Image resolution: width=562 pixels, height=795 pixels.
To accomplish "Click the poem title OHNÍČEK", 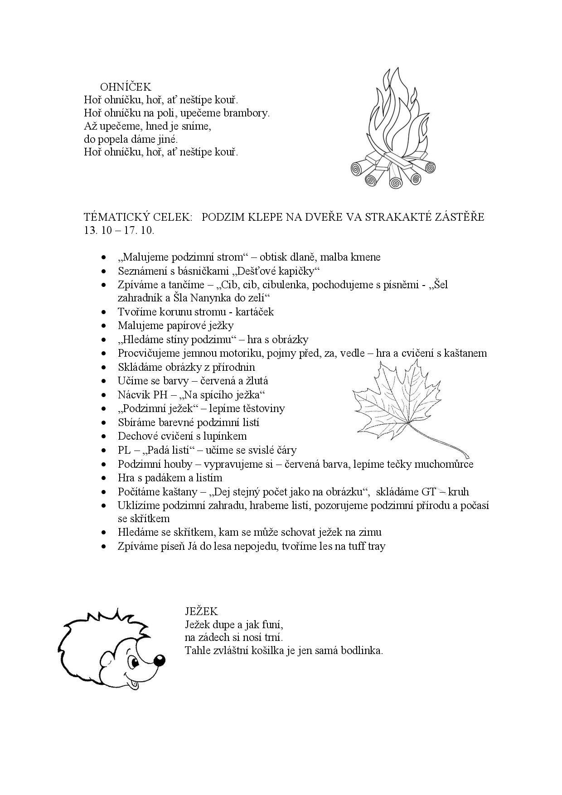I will click(x=126, y=87).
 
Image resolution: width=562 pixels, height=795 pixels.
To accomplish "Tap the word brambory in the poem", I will click(x=248, y=113).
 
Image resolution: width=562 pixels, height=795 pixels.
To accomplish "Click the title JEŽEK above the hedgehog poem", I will click(x=201, y=611).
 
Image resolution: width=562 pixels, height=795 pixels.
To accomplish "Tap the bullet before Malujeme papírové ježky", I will click(x=105, y=326).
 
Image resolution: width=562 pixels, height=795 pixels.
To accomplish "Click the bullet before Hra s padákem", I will click(x=105, y=478).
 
